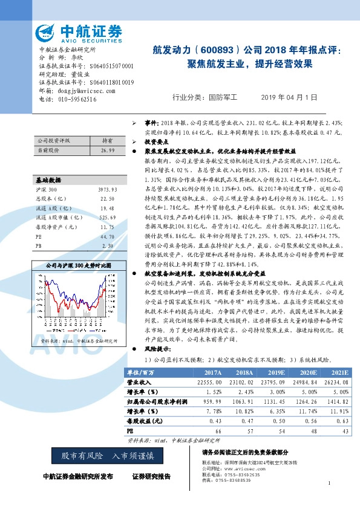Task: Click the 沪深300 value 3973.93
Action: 106,190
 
